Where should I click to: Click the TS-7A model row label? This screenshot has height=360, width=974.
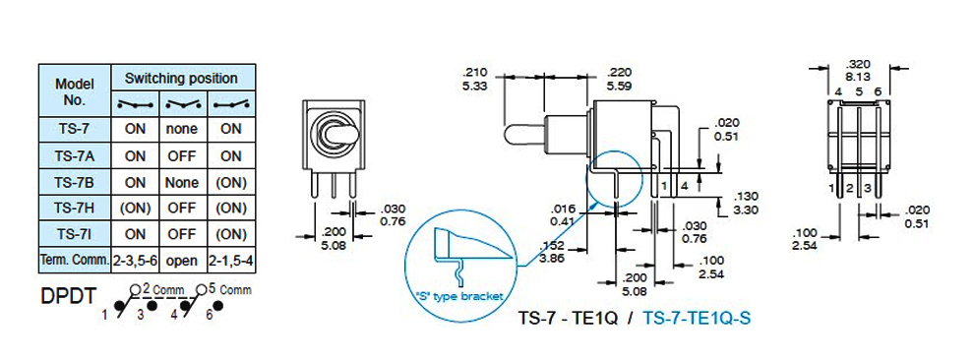[x=75, y=155]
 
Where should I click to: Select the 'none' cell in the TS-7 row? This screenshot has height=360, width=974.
[x=181, y=129]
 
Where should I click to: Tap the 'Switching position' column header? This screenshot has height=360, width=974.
[x=181, y=79]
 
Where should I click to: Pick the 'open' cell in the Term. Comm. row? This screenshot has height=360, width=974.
[x=181, y=261]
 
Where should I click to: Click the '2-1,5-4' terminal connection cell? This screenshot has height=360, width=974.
[x=230, y=261]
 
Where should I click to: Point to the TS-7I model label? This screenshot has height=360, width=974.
[x=75, y=234]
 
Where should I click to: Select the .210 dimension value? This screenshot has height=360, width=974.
[x=476, y=72]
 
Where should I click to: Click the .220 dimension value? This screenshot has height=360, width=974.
[x=618, y=72]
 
